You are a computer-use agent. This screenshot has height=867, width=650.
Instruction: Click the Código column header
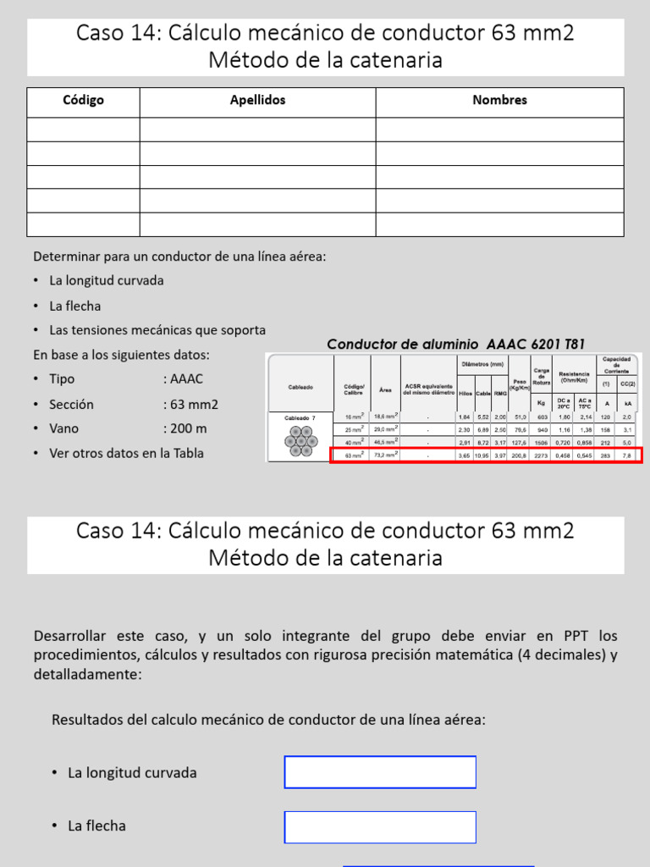[83, 101]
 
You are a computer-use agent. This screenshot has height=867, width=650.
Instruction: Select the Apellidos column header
[257, 101]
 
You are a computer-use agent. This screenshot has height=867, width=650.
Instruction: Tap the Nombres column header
[499, 101]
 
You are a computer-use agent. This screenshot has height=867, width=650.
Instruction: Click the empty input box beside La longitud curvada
[380, 772]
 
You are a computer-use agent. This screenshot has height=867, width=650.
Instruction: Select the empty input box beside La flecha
[380, 826]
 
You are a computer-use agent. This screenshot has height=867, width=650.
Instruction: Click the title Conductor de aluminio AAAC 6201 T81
[455, 344]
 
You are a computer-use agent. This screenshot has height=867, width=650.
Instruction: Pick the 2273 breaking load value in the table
[542, 456]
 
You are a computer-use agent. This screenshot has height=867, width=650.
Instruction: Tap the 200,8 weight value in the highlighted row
[519, 456]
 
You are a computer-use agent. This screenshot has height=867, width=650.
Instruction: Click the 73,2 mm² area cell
[385, 456]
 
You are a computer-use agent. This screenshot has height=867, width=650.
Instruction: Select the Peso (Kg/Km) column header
[519, 385]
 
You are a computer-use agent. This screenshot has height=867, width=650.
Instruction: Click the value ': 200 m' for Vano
[185, 428]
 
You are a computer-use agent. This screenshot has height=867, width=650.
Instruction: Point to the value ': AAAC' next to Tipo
[183, 379]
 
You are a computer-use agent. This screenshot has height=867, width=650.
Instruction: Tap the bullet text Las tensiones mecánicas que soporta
[157, 330]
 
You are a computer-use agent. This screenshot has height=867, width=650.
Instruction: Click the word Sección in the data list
[71, 405]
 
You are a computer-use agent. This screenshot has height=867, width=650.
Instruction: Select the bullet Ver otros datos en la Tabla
[126, 453]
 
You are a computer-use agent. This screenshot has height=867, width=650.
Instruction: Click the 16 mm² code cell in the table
[353, 417]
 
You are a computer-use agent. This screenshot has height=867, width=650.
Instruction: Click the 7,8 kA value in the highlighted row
[627, 456]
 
